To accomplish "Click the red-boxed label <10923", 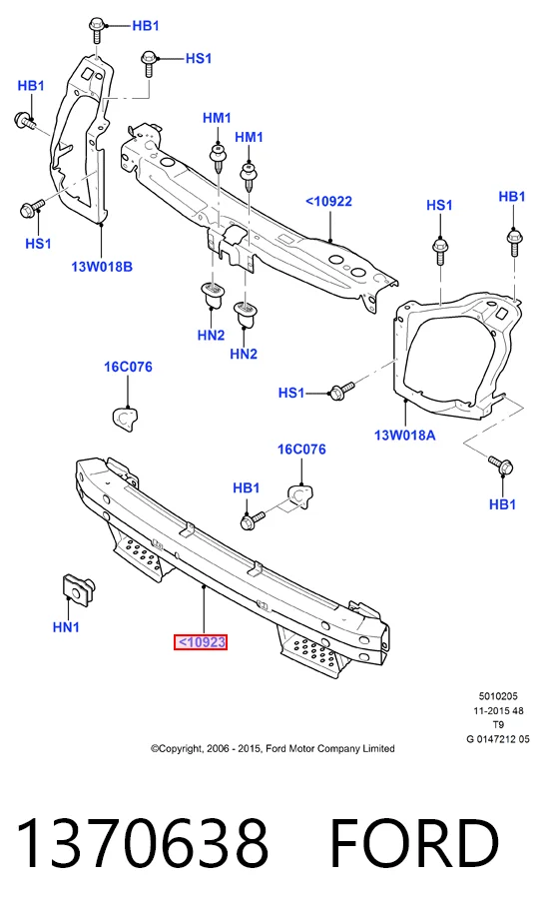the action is pos(200,642).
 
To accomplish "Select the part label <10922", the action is pos(328,201).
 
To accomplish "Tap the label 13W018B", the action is pos(102,267).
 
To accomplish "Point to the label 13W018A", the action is pos(405,436).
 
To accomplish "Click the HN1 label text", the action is pos(66,627).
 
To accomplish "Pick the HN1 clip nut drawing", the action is pos(78,590).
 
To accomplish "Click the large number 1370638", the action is pos(143,842).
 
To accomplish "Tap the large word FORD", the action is pos(414,842).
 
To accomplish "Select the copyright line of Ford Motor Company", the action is pos(272,748).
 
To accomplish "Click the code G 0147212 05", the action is pos(498,739).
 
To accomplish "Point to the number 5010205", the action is pos(498,696).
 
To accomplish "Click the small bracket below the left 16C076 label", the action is pos(125,417).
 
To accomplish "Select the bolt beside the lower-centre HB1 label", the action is pos(253,519).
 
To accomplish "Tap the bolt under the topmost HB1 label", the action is pos(97,30).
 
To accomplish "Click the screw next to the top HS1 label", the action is pos(149,64).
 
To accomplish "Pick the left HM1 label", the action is pos(217,118).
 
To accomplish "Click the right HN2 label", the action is pos(244,355).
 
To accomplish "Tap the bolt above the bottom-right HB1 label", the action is pos(501,464).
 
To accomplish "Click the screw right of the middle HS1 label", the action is pos(341,391).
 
